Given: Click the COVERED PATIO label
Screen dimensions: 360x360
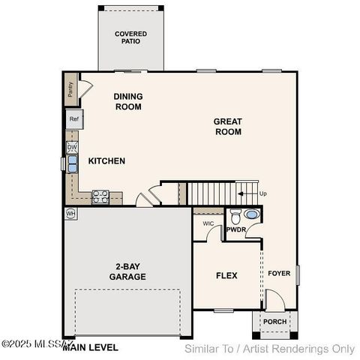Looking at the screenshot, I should pyautogui.click(x=130, y=38).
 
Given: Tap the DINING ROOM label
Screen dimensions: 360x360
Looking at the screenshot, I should pyautogui.click(x=127, y=101).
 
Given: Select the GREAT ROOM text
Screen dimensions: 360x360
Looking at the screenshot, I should pyautogui.click(x=227, y=126).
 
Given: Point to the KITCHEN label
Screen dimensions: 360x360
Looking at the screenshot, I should pyautogui.click(x=106, y=161).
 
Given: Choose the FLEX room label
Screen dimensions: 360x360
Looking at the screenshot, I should pyautogui.click(x=226, y=276).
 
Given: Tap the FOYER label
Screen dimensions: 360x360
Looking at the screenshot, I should pyautogui.click(x=279, y=274).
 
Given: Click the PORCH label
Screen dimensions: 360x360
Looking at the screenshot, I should pyautogui.click(x=274, y=322).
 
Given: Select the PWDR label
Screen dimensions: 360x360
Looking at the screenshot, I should pyautogui.click(x=237, y=229).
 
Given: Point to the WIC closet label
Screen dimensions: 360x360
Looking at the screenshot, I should pyautogui.click(x=208, y=223).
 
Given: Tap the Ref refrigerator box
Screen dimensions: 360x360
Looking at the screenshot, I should pyautogui.click(x=73, y=119).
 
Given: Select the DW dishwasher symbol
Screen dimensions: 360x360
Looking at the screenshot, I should pyautogui.click(x=72, y=148).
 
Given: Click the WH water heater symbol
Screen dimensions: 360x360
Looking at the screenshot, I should pyautogui.click(x=71, y=213).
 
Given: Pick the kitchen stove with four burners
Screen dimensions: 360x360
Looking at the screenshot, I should pyautogui.click(x=100, y=197).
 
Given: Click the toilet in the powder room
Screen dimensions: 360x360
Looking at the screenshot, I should pyautogui.click(x=235, y=217).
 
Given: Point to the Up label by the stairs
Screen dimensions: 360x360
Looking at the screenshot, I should pyautogui.click(x=262, y=193).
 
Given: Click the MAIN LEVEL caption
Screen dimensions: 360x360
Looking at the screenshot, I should pyautogui.click(x=90, y=348).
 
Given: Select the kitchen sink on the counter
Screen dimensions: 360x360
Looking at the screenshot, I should pyautogui.click(x=73, y=167).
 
